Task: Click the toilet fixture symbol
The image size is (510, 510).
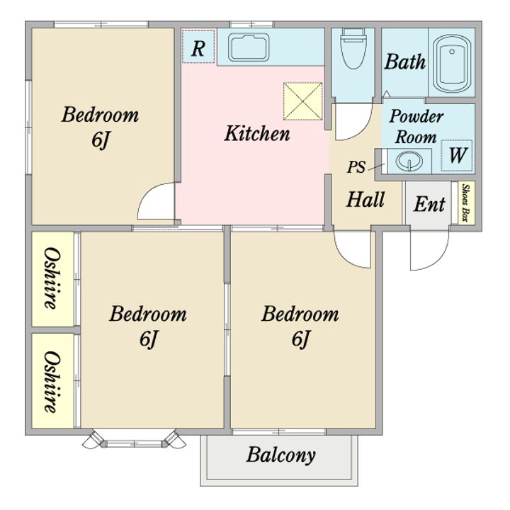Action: click(x=353, y=48)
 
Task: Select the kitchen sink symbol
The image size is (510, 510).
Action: click(x=249, y=47)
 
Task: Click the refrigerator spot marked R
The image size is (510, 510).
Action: click(x=198, y=47)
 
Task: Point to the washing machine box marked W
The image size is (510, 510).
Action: click(x=457, y=155)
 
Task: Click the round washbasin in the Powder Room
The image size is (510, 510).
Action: click(x=409, y=161)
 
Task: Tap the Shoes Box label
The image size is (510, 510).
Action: click(x=466, y=203)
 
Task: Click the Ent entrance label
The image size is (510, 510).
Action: click(x=429, y=204)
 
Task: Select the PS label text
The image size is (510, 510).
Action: click(x=356, y=167)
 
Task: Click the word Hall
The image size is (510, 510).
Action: click(x=365, y=199)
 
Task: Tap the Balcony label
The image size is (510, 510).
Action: click(x=280, y=455)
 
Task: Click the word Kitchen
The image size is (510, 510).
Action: click(x=257, y=133)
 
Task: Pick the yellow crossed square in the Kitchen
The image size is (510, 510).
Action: click(x=303, y=101)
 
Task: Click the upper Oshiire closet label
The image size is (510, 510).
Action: click(x=52, y=278)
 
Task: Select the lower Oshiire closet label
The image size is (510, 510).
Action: click(x=52, y=382)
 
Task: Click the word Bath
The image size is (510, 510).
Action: click(x=405, y=62)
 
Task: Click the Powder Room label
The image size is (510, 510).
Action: click(x=416, y=127)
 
